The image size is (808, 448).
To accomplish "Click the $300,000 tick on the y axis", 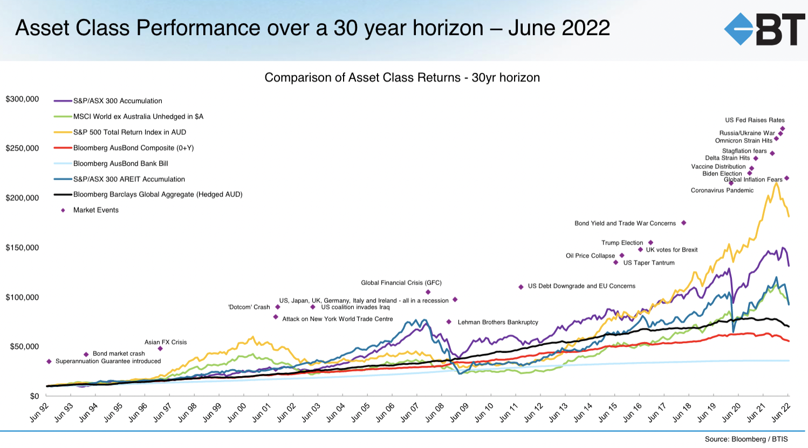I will coord(23,99).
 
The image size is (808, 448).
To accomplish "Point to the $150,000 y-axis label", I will coord(23,248).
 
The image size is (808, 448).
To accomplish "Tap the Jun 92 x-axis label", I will coord(39,412).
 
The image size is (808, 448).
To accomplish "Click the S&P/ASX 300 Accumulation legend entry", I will coord(118,101).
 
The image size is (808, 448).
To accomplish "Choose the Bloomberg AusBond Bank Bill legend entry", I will coord(120,164).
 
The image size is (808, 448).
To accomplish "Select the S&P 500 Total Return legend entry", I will coord(129,132).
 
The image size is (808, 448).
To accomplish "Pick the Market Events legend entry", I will coord(95,210).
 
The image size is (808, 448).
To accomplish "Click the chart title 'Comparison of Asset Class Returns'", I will coord(402,78).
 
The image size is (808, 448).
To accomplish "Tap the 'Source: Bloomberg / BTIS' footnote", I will coord(746,439).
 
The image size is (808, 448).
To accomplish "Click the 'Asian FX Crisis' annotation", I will coord(166,342).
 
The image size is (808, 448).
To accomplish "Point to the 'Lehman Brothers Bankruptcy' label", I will coord(498,322).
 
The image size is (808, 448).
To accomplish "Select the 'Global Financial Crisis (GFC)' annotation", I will coord(401,283).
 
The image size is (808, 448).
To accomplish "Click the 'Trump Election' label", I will coord(622,243).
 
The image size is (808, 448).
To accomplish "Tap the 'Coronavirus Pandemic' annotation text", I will coord(722,191).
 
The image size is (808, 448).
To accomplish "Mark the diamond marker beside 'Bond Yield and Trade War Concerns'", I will coord(683,223).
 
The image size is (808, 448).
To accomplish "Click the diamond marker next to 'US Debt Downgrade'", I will coord(521,287).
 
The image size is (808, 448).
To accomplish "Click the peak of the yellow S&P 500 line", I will coord(776,184).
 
